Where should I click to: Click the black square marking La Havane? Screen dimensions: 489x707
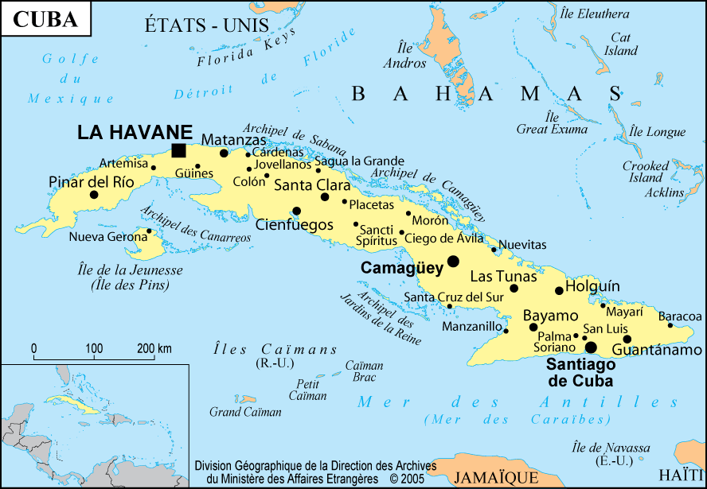pyautogui.click(x=179, y=151)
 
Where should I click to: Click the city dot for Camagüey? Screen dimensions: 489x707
pyautogui.click(x=453, y=261)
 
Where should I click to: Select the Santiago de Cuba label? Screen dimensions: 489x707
pyautogui.click(x=581, y=372)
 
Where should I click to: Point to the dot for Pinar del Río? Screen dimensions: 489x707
pyautogui.click(x=94, y=194)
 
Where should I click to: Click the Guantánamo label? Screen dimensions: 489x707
pyautogui.click(x=657, y=350)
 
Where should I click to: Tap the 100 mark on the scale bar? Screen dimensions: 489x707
pyautogui.click(x=94, y=348)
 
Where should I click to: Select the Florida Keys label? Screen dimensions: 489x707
pyautogui.click(x=246, y=48)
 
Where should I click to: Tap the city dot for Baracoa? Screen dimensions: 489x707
pyautogui.click(x=670, y=324)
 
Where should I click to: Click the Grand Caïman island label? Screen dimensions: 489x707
pyautogui.click(x=245, y=412)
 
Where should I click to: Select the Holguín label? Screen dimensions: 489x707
pyautogui.click(x=592, y=286)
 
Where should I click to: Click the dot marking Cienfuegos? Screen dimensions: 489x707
pyautogui.click(x=296, y=211)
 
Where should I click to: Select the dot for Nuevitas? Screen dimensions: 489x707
pyautogui.click(x=494, y=250)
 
